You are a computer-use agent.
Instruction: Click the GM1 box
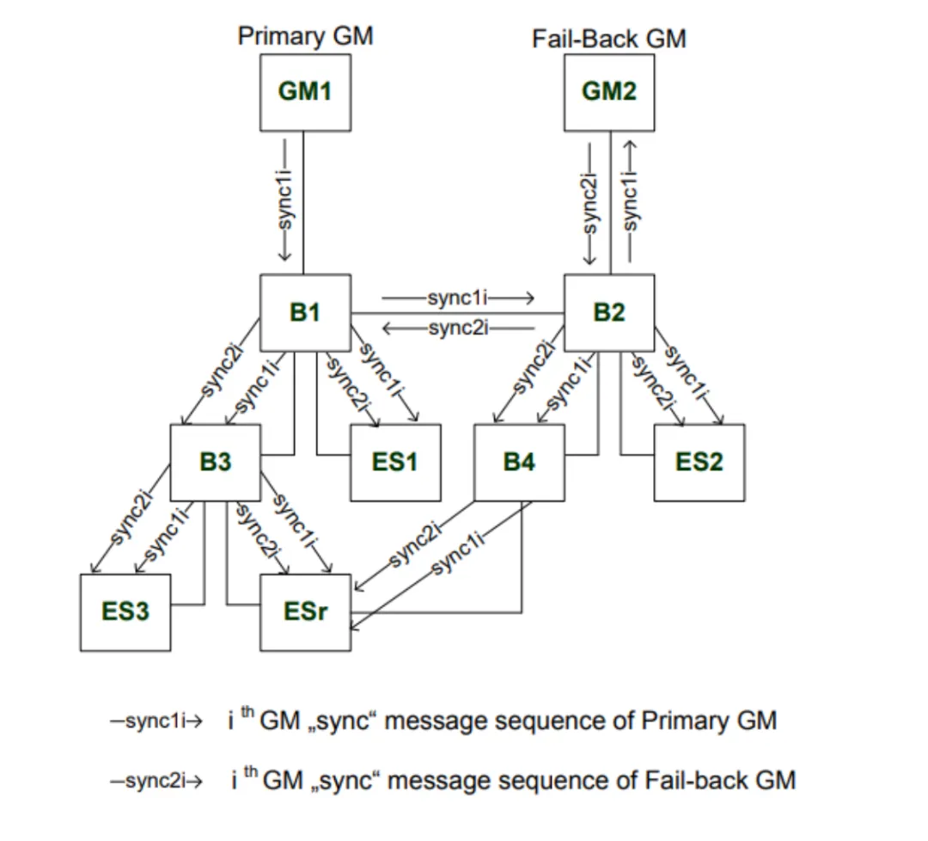pos(305,91)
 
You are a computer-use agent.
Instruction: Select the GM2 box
pos(609,91)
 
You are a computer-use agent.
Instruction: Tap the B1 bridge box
pos(305,312)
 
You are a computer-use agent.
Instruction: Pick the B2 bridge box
pos(609,312)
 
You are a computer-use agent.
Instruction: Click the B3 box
pos(216,462)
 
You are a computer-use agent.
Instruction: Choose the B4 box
pos(519,462)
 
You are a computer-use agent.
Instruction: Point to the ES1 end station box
pos(395,462)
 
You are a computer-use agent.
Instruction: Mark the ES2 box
pos(699,462)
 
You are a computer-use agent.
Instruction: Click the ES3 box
pos(125,611)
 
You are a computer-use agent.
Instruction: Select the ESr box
pos(305,611)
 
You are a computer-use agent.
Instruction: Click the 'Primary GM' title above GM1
pos(305,37)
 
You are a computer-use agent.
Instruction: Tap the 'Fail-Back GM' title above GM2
pos(609,39)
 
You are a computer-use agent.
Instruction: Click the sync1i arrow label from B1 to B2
pos(458,298)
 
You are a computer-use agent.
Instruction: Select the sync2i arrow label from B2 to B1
pos(458,327)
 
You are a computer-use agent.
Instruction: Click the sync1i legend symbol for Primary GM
pos(156,721)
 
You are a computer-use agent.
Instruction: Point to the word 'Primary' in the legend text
pos(679,720)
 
